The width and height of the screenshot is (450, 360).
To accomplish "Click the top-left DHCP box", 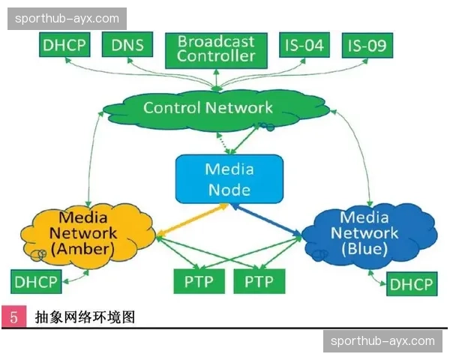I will (64, 45).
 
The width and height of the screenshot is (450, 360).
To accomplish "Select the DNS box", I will (127, 45).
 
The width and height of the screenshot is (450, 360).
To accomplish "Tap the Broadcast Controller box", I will (216, 48).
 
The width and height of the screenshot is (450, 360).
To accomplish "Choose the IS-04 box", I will (304, 45).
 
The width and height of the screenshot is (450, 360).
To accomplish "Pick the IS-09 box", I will (367, 45).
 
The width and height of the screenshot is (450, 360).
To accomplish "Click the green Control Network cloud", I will (208, 107).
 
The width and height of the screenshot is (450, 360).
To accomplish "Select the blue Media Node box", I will (229, 178).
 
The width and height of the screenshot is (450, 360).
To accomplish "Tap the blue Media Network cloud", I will (365, 233).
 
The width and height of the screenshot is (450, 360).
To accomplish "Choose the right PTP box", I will (259, 282).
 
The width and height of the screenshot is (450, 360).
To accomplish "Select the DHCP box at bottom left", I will (36, 282).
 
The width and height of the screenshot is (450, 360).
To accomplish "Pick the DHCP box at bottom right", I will (411, 284).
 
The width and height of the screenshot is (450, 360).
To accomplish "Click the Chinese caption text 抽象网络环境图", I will (85, 317).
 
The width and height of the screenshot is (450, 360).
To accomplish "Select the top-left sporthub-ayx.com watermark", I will (68, 18).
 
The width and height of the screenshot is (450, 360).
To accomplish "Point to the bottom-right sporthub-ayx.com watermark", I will (382, 341).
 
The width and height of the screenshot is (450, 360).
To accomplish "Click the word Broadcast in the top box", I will (216, 40).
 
